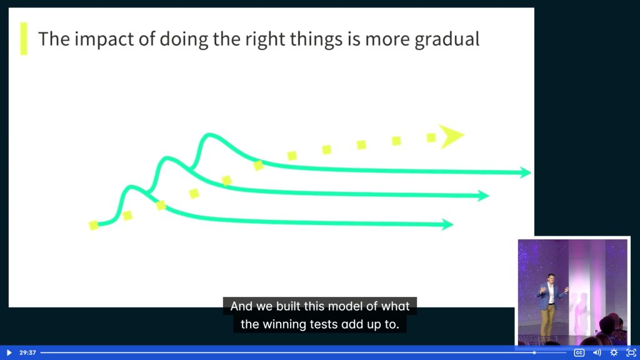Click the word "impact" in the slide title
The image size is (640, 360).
[x=104, y=39]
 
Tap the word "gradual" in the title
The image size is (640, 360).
[x=447, y=39]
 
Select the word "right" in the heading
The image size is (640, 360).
[x=271, y=39]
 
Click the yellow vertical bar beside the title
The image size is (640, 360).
[x=24, y=39]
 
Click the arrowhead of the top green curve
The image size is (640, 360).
[x=525, y=172]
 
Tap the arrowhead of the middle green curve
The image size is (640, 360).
[x=483, y=196]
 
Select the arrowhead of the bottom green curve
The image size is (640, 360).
[x=447, y=224]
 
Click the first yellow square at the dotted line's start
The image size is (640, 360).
[x=94, y=225]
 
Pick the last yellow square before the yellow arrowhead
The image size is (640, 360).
[x=431, y=137]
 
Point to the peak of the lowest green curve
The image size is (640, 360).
[x=131, y=187]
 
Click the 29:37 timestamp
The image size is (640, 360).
[x=27, y=352]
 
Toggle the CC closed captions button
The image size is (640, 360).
[x=579, y=352]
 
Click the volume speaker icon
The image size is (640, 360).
[x=597, y=352]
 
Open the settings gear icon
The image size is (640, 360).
[x=614, y=352]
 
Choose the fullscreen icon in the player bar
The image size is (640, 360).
[x=631, y=352]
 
